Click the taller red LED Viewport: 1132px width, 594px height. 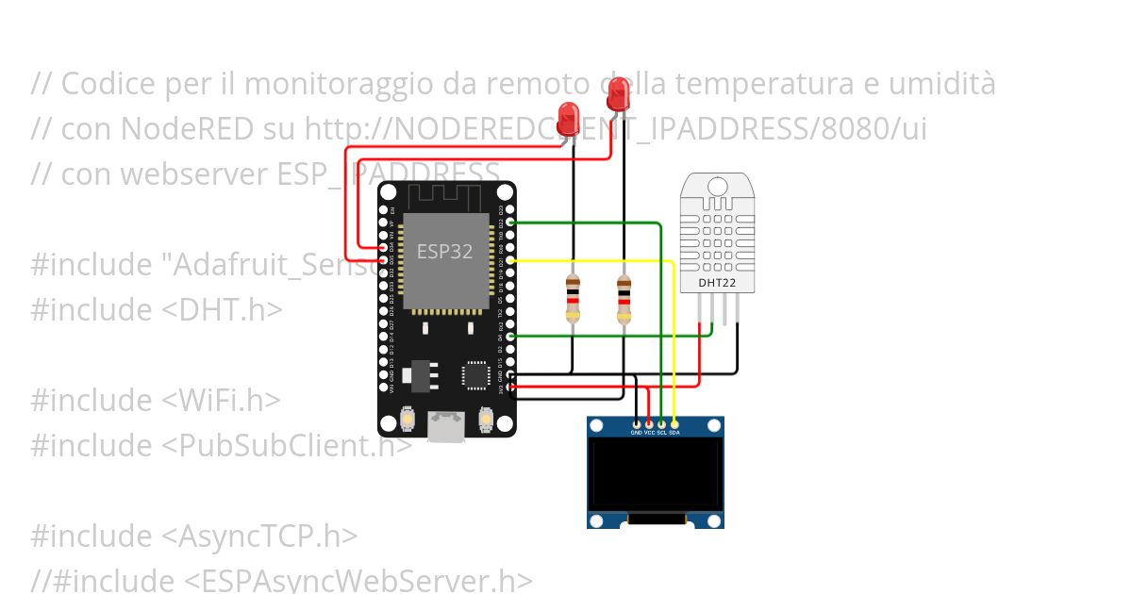[619, 94]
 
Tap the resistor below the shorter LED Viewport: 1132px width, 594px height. [573, 298]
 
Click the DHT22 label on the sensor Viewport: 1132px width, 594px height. [716, 282]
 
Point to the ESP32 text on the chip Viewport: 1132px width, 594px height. [445, 252]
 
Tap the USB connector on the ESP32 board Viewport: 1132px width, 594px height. [447, 426]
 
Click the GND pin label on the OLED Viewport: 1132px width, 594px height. [638, 432]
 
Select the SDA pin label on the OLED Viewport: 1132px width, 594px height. [674, 432]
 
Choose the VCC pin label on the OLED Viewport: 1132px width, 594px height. [650, 432]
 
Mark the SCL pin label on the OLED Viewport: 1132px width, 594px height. [662, 432]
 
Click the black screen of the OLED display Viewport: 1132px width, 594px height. [656, 474]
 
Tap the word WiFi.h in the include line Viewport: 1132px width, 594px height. [216, 401]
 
